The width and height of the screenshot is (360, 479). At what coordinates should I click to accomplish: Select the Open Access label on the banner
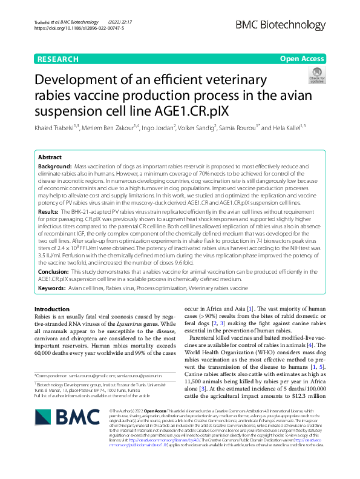[302, 59]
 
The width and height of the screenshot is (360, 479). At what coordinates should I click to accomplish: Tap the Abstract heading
[50, 156]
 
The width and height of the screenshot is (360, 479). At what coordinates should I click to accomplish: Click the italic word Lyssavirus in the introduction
[136, 325]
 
